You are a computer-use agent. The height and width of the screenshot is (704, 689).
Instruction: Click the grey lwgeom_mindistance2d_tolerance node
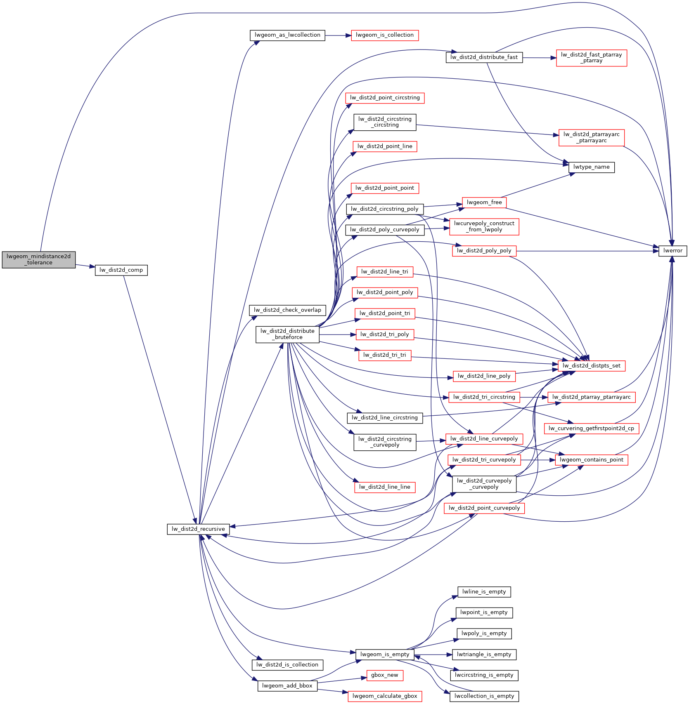[x=39, y=259]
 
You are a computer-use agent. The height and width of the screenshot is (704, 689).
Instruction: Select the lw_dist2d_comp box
[x=121, y=270]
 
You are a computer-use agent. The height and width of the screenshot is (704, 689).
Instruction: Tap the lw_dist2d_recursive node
[x=198, y=529]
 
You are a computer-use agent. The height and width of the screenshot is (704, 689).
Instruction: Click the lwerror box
[x=672, y=251]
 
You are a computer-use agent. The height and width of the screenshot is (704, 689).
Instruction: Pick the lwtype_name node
[x=591, y=167]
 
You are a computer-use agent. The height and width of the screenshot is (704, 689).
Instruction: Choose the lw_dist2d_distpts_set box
[x=591, y=366]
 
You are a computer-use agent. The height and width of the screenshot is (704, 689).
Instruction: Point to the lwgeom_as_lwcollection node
[x=287, y=35]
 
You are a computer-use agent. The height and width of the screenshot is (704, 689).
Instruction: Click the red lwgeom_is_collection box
[x=384, y=35]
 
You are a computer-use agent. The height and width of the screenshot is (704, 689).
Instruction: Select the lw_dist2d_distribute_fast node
[x=484, y=57]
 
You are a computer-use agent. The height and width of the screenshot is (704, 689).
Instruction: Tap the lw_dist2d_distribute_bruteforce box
[x=287, y=334]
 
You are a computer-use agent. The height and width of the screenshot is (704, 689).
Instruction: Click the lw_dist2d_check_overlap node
[x=287, y=310]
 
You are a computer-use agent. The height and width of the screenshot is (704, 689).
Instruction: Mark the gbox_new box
[x=384, y=675]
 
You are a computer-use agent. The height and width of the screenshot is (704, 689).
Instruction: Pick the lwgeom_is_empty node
[x=384, y=654]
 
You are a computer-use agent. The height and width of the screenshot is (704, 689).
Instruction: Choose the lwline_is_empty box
[x=484, y=592]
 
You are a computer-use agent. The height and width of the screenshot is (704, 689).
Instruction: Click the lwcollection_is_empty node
[x=484, y=696]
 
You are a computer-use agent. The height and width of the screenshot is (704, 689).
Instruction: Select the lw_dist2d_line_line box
[x=384, y=487]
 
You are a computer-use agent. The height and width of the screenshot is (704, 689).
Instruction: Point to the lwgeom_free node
[x=484, y=202]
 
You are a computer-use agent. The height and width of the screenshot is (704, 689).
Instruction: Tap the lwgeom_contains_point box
[x=591, y=460]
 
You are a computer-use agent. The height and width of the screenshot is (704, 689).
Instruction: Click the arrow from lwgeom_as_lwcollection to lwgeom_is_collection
[x=338, y=35]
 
